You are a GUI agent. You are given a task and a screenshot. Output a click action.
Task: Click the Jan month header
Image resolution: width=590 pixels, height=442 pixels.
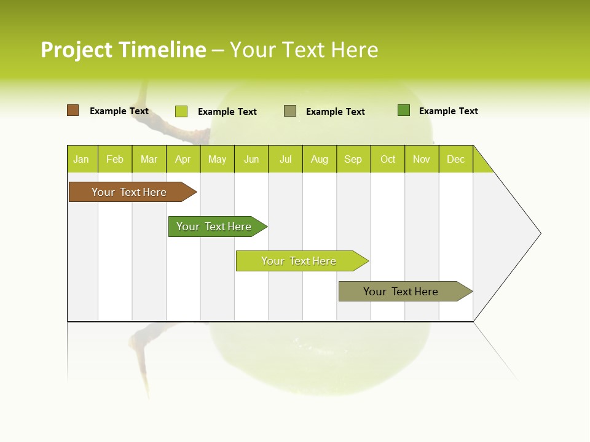coord(82,159)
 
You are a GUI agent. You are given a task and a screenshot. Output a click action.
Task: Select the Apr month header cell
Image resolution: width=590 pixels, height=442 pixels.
coord(183,159)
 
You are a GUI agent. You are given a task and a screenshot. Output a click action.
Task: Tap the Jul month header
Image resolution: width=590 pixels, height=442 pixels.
coord(285,159)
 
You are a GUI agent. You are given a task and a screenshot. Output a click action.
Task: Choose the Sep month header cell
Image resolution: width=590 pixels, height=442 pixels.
coord(353,159)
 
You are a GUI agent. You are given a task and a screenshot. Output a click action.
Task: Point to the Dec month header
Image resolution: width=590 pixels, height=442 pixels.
coord(455,159)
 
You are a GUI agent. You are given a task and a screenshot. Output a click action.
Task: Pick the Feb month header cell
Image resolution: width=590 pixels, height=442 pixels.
coord(115,159)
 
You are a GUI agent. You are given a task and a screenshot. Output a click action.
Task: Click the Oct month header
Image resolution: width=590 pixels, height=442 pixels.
coord(388,159)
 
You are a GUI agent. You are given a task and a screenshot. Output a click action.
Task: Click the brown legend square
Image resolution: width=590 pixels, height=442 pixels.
coord(73,110)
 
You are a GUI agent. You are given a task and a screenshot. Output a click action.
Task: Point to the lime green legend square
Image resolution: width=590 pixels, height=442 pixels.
coord(181,111)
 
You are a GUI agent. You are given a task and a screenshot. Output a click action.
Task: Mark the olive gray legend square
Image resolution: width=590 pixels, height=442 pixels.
coord(290,111)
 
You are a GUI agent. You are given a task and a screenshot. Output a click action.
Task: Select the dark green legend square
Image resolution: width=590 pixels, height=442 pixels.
coord(404,110)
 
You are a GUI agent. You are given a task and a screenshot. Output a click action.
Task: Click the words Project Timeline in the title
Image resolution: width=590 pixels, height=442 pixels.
coord(124,50)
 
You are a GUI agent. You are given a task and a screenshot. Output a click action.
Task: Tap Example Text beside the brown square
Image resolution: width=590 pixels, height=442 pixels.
coord(119,111)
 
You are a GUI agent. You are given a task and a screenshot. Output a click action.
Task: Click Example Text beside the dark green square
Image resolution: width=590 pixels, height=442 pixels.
coord(449,111)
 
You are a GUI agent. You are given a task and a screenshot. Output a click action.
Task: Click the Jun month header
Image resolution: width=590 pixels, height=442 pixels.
coord(251,159)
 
